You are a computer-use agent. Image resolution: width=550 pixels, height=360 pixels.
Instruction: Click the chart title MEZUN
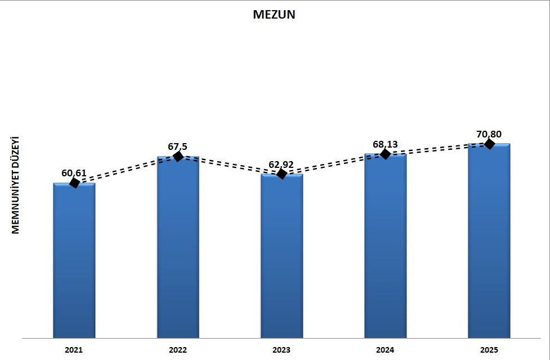click(274, 15)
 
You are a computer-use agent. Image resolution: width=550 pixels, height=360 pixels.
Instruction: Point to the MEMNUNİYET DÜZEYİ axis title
click(16, 185)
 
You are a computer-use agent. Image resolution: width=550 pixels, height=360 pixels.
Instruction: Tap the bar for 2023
click(281, 256)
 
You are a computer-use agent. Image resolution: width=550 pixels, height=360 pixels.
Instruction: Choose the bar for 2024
click(385, 246)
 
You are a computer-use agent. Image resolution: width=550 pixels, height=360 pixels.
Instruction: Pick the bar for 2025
click(489, 241)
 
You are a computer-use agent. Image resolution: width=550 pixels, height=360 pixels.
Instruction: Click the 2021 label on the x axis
click(74, 350)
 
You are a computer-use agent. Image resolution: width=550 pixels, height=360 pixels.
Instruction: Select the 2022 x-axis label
click(178, 350)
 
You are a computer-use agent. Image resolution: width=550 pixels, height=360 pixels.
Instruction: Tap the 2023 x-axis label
click(281, 350)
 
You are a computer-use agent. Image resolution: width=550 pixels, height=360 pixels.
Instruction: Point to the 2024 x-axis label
click(385, 350)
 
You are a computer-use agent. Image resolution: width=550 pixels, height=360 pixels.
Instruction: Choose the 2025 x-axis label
click(489, 350)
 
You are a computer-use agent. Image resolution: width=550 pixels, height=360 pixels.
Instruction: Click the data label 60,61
click(74, 172)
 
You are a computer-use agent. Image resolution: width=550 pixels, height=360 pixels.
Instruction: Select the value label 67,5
click(178, 146)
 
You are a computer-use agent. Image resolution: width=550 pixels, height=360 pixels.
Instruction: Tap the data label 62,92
click(282, 165)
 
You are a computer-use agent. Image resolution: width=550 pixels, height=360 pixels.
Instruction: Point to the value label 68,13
click(385, 144)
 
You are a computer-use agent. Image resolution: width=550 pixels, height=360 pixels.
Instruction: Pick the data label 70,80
click(489, 134)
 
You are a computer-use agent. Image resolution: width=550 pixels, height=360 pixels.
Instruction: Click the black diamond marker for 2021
click(74, 183)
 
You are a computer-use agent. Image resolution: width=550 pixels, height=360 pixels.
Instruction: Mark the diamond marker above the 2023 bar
click(282, 174)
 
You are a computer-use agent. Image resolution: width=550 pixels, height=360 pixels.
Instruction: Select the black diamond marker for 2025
click(489, 144)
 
